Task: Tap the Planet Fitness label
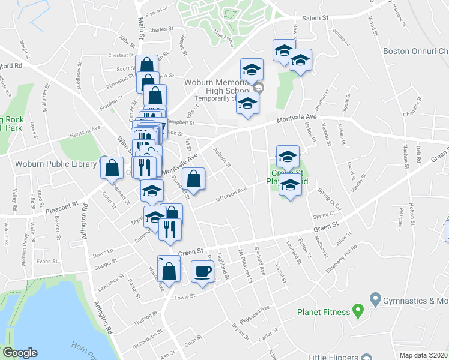point(324,312)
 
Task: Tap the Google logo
point(20,353)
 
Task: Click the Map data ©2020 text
point(423,355)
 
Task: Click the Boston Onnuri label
point(415,51)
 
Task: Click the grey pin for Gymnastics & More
point(376,298)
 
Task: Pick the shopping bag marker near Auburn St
point(193,179)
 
